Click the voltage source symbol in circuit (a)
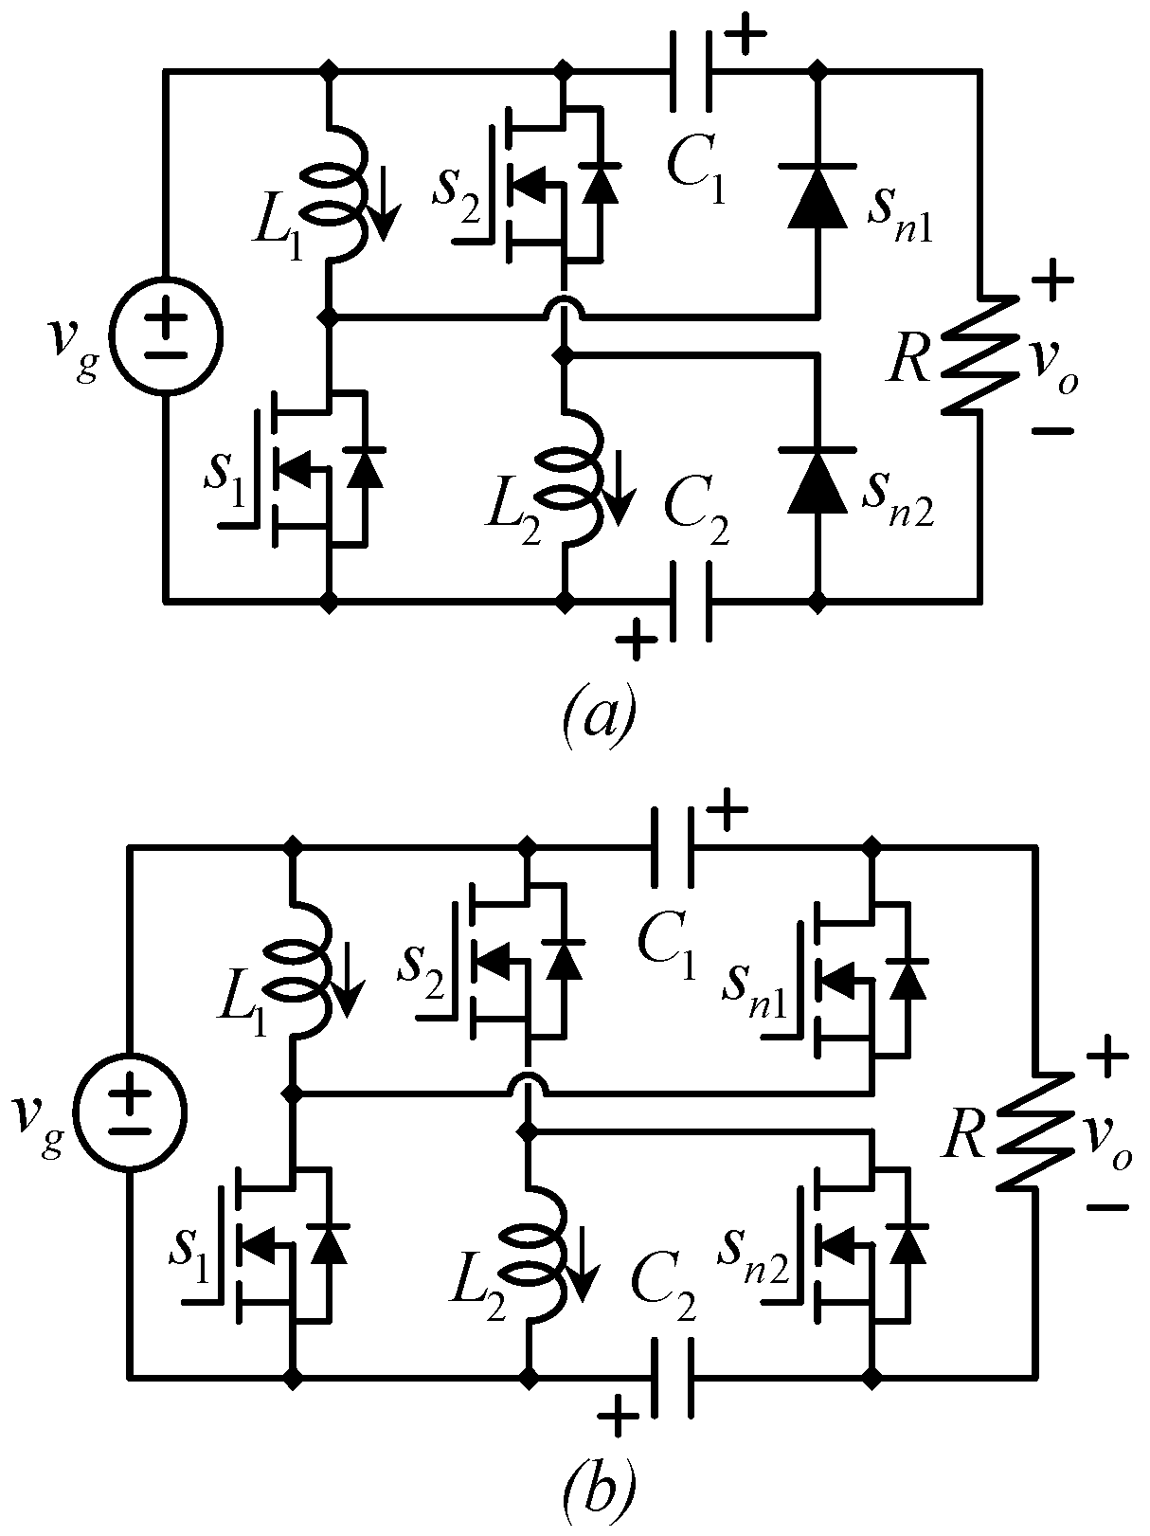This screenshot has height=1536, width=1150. [166, 334]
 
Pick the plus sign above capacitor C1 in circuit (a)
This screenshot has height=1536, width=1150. [747, 38]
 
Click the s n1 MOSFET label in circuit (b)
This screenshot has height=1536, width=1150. [753, 985]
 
